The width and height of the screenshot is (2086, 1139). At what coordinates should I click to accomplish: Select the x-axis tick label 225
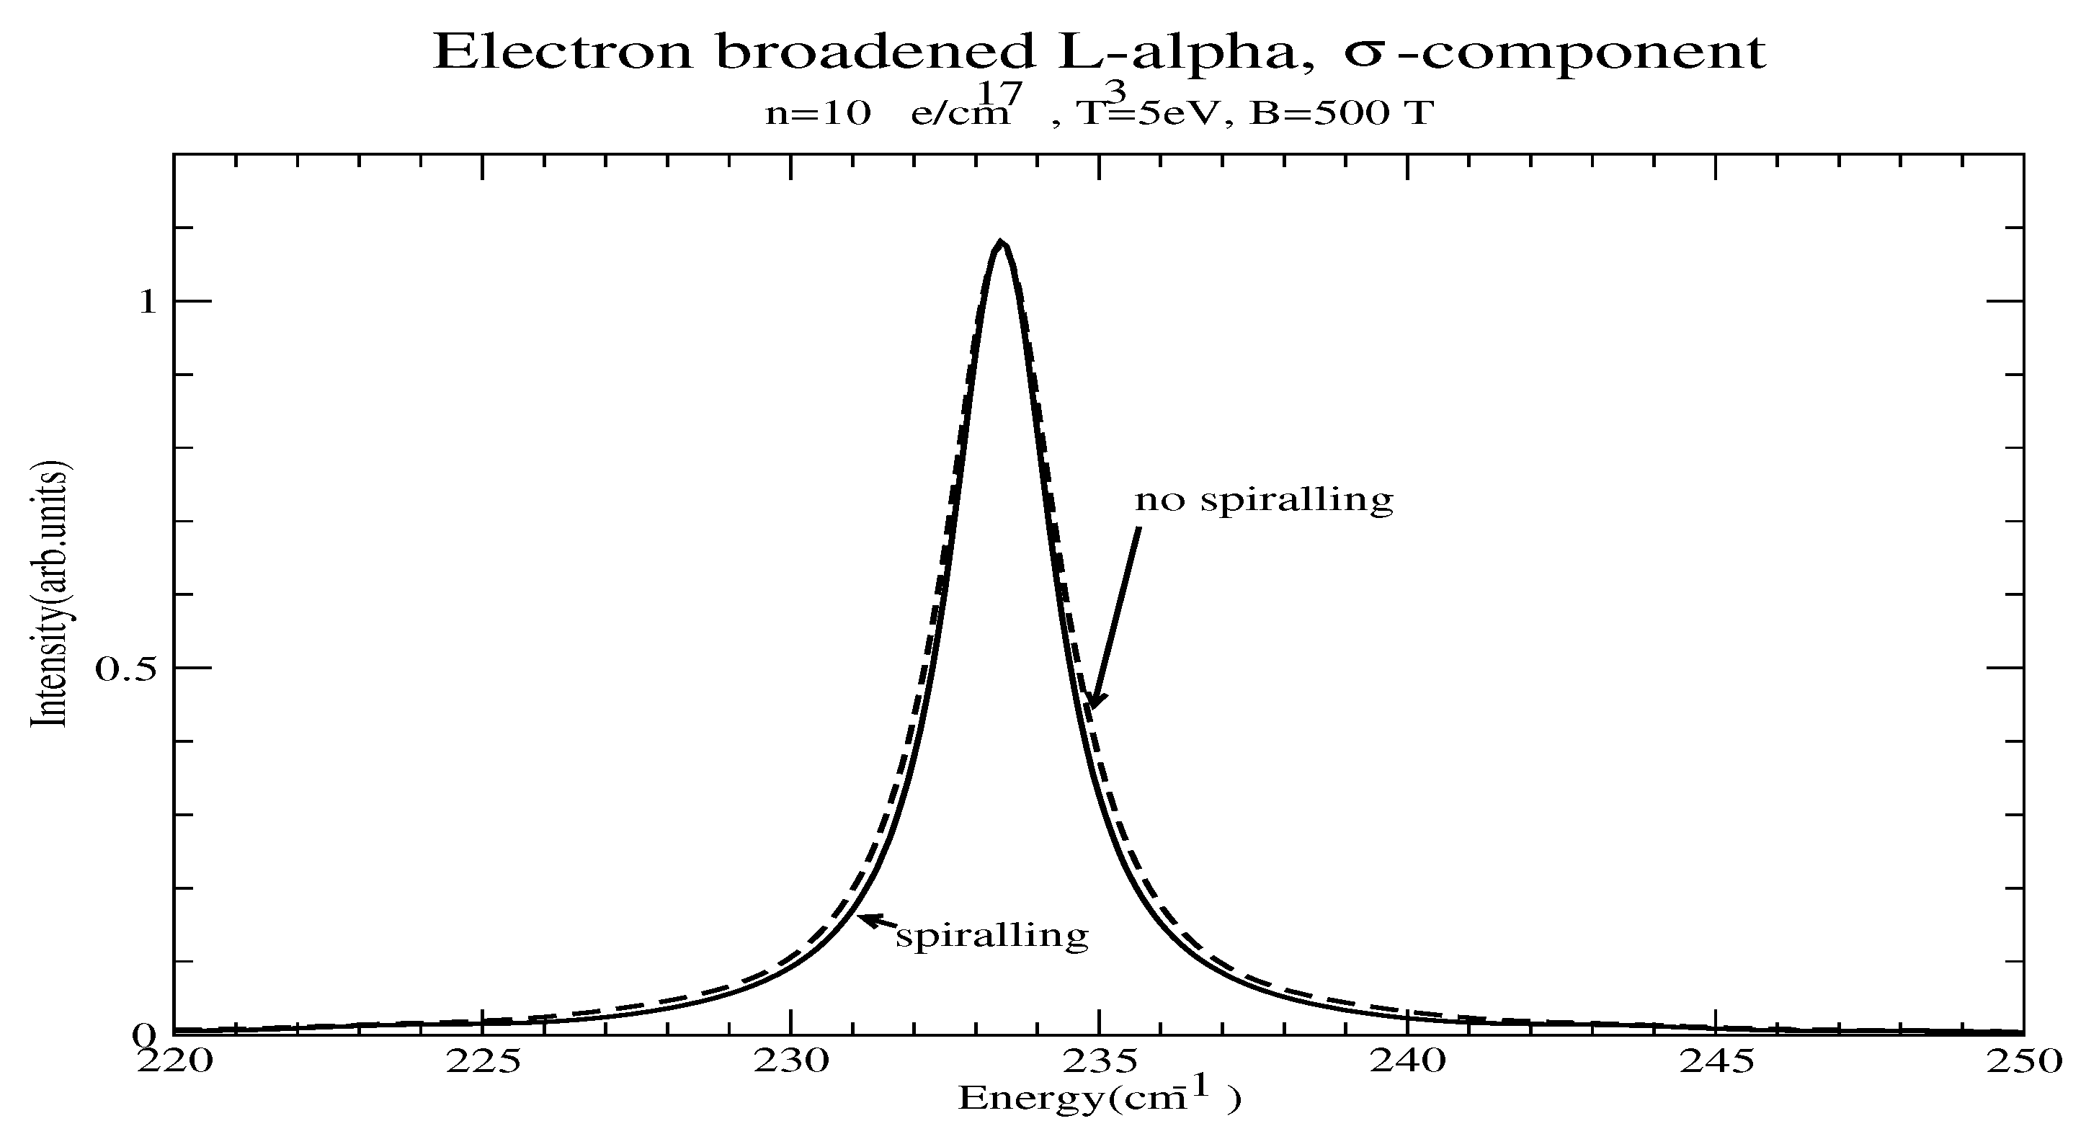[483, 1061]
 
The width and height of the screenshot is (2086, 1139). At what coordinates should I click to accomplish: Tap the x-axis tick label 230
[791, 1061]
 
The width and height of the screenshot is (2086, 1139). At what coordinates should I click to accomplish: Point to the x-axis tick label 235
[1100, 1061]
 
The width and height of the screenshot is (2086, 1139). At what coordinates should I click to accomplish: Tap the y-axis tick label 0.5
[125, 669]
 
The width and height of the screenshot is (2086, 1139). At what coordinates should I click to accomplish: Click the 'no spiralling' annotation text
[1263, 499]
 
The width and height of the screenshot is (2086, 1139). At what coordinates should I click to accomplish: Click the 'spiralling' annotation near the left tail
[992, 935]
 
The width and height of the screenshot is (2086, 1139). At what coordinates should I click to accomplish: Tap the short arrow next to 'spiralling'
[877, 921]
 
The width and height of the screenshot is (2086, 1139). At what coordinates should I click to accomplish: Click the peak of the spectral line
[1001, 243]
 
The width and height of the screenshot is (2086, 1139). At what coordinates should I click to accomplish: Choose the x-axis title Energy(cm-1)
[1098, 1098]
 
